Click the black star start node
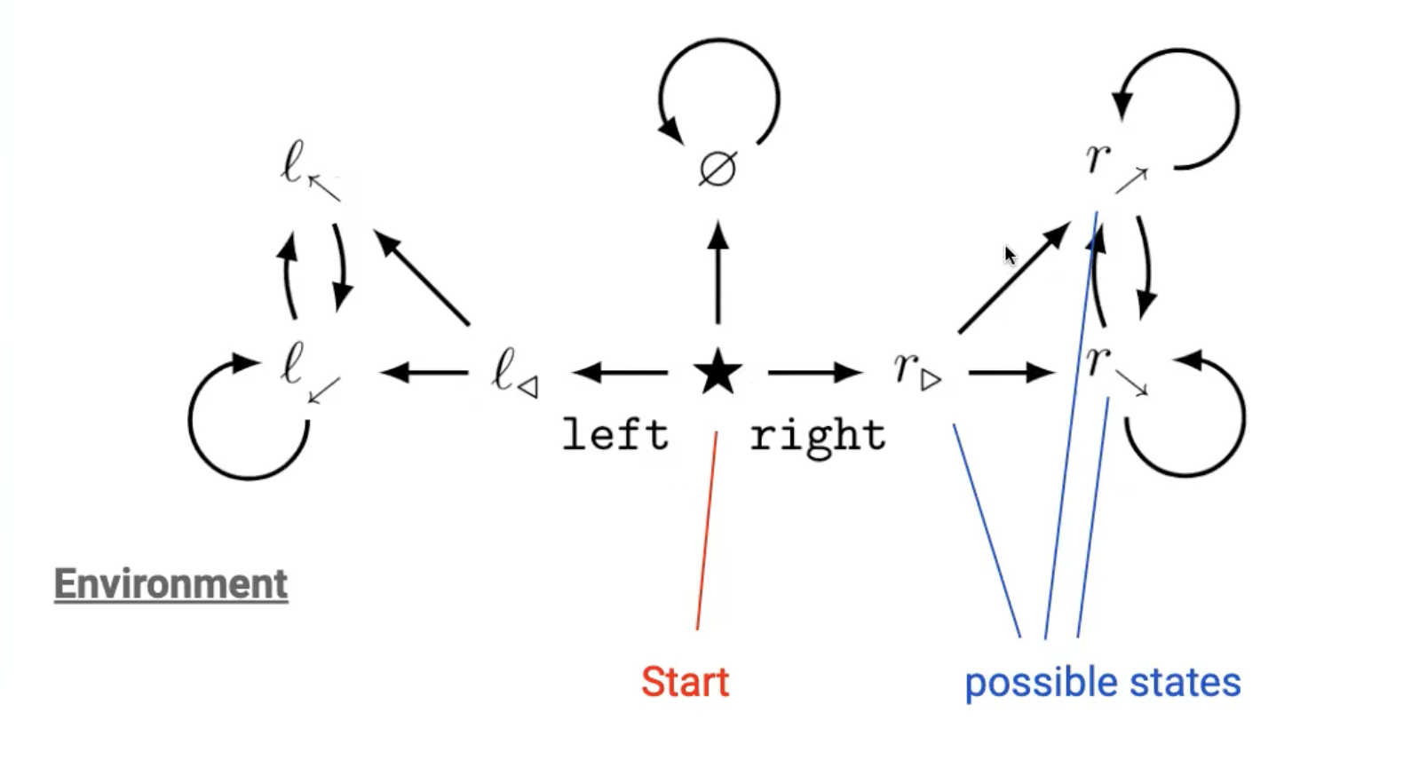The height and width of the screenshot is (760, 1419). pos(717,372)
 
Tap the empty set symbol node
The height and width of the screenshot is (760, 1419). pos(717,169)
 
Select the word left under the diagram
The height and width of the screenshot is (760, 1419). pos(615,435)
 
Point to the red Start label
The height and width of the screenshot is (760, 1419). pos(685,682)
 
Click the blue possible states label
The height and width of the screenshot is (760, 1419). pos(1102,682)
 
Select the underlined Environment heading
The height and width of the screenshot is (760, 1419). pos(170,583)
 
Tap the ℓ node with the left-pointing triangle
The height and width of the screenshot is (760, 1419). pos(514,372)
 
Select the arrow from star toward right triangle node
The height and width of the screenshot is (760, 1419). pos(815,373)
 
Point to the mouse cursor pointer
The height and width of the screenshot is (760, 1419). pos(1010,256)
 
